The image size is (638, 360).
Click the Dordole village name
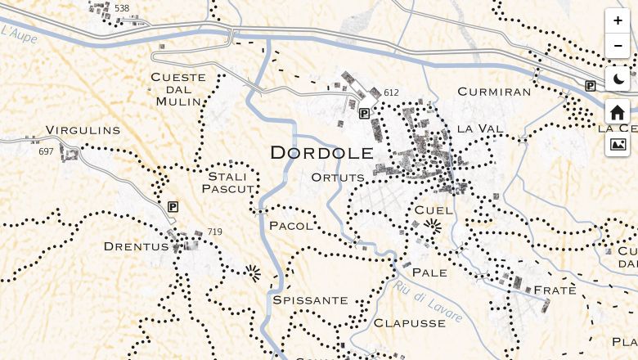[321, 152]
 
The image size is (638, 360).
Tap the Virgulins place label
[83, 130]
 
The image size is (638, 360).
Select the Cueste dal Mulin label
[178, 89]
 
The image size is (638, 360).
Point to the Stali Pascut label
[228, 182]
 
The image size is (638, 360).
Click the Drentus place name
[136, 245]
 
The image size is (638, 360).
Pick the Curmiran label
[494, 92]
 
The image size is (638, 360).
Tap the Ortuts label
[338, 177]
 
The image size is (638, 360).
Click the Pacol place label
[290, 225]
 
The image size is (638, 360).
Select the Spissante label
[311, 300]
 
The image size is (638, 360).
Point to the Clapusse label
[410, 323]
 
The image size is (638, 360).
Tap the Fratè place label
[555, 290]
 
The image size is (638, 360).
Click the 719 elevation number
[215, 232]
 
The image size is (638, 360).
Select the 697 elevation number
[46, 152]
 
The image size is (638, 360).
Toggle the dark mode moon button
[618, 79]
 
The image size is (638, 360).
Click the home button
[618, 112]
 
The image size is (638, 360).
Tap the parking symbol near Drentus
[173, 207]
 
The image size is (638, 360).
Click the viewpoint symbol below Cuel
[434, 227]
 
